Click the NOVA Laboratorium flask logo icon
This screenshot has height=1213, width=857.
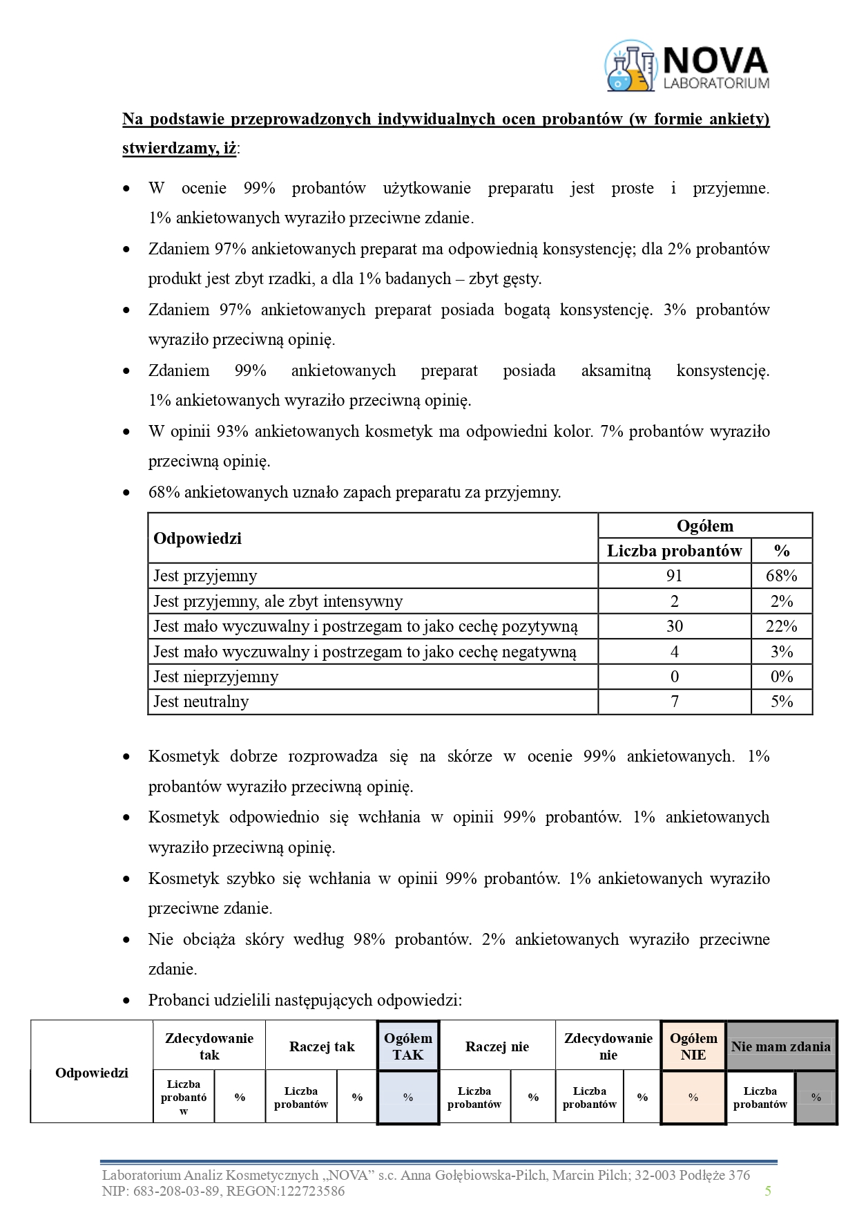click(x=630, y=66)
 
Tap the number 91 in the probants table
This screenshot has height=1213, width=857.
click(x=674, y=576)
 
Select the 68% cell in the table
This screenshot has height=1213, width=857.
click(x=781, y=576)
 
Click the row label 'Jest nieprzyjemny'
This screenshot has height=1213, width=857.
click(x=215, y=677)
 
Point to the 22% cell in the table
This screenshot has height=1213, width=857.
click(x=781, y=626)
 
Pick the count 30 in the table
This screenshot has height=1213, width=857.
click(x=674, y=626)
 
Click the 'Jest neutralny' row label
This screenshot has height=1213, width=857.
click(x=201, y=702)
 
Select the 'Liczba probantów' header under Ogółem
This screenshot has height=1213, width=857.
click(x=674, y=551)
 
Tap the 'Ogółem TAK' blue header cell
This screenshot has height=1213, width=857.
click(x=408, y=1046)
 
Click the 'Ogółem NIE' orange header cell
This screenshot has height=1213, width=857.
click(x=693, y=1046)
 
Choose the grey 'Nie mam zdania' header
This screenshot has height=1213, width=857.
click(x=780, y=1046)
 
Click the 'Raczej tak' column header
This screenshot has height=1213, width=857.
click(x=322, y=1046)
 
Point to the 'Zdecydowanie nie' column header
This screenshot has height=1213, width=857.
click(x=608, y=1046)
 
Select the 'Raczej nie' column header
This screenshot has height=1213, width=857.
click(x=497, y=1046)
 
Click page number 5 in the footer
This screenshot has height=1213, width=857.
click(x=768, y=1190)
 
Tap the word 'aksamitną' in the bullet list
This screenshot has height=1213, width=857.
click(x=616, y=370)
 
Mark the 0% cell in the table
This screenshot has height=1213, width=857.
click(x=781, y=677)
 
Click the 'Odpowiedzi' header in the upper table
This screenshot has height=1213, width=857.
click(x=198, y=538)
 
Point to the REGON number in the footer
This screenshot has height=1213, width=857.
click(x=305, y=1191)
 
